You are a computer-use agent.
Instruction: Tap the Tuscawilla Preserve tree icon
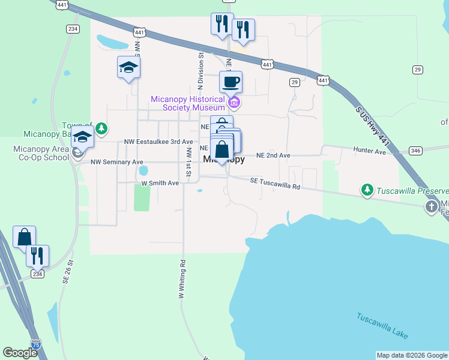[x=367, y=190]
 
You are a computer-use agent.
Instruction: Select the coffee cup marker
[x=231, y=82]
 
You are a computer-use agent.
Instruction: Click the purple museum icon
[x=235, y=104]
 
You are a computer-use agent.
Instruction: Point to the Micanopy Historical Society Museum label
[x=188, y=103]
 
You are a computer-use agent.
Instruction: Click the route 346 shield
[x=415, y=150]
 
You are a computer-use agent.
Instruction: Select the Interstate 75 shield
[x=37, y=344]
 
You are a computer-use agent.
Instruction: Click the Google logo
[x=20, y=353]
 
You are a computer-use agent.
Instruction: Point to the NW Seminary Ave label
[x=117, y=162]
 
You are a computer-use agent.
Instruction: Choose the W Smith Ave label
[x=160, y=182]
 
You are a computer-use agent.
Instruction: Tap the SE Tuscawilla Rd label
[x=276, y=183]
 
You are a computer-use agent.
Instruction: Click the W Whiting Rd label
[x=181, y=279]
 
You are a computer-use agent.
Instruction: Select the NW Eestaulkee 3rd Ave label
[x=158, y=142]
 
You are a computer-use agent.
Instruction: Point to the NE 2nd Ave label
[x=273, y=155]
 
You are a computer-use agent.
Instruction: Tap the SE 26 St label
[x=70, y=271]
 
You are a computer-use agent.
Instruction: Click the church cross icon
[x=432, y=207]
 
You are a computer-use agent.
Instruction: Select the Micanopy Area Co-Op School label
[x=41, y=153]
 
